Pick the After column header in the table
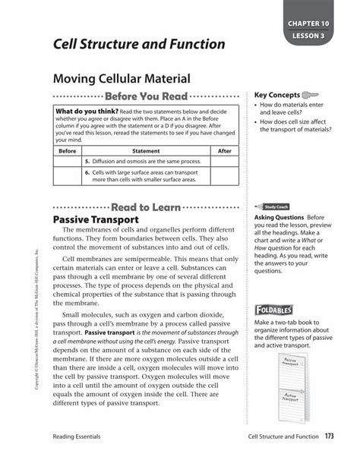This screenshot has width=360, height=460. click(225, 151)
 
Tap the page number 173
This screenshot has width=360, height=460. click(329, 436)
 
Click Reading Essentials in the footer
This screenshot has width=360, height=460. click(78, 436)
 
